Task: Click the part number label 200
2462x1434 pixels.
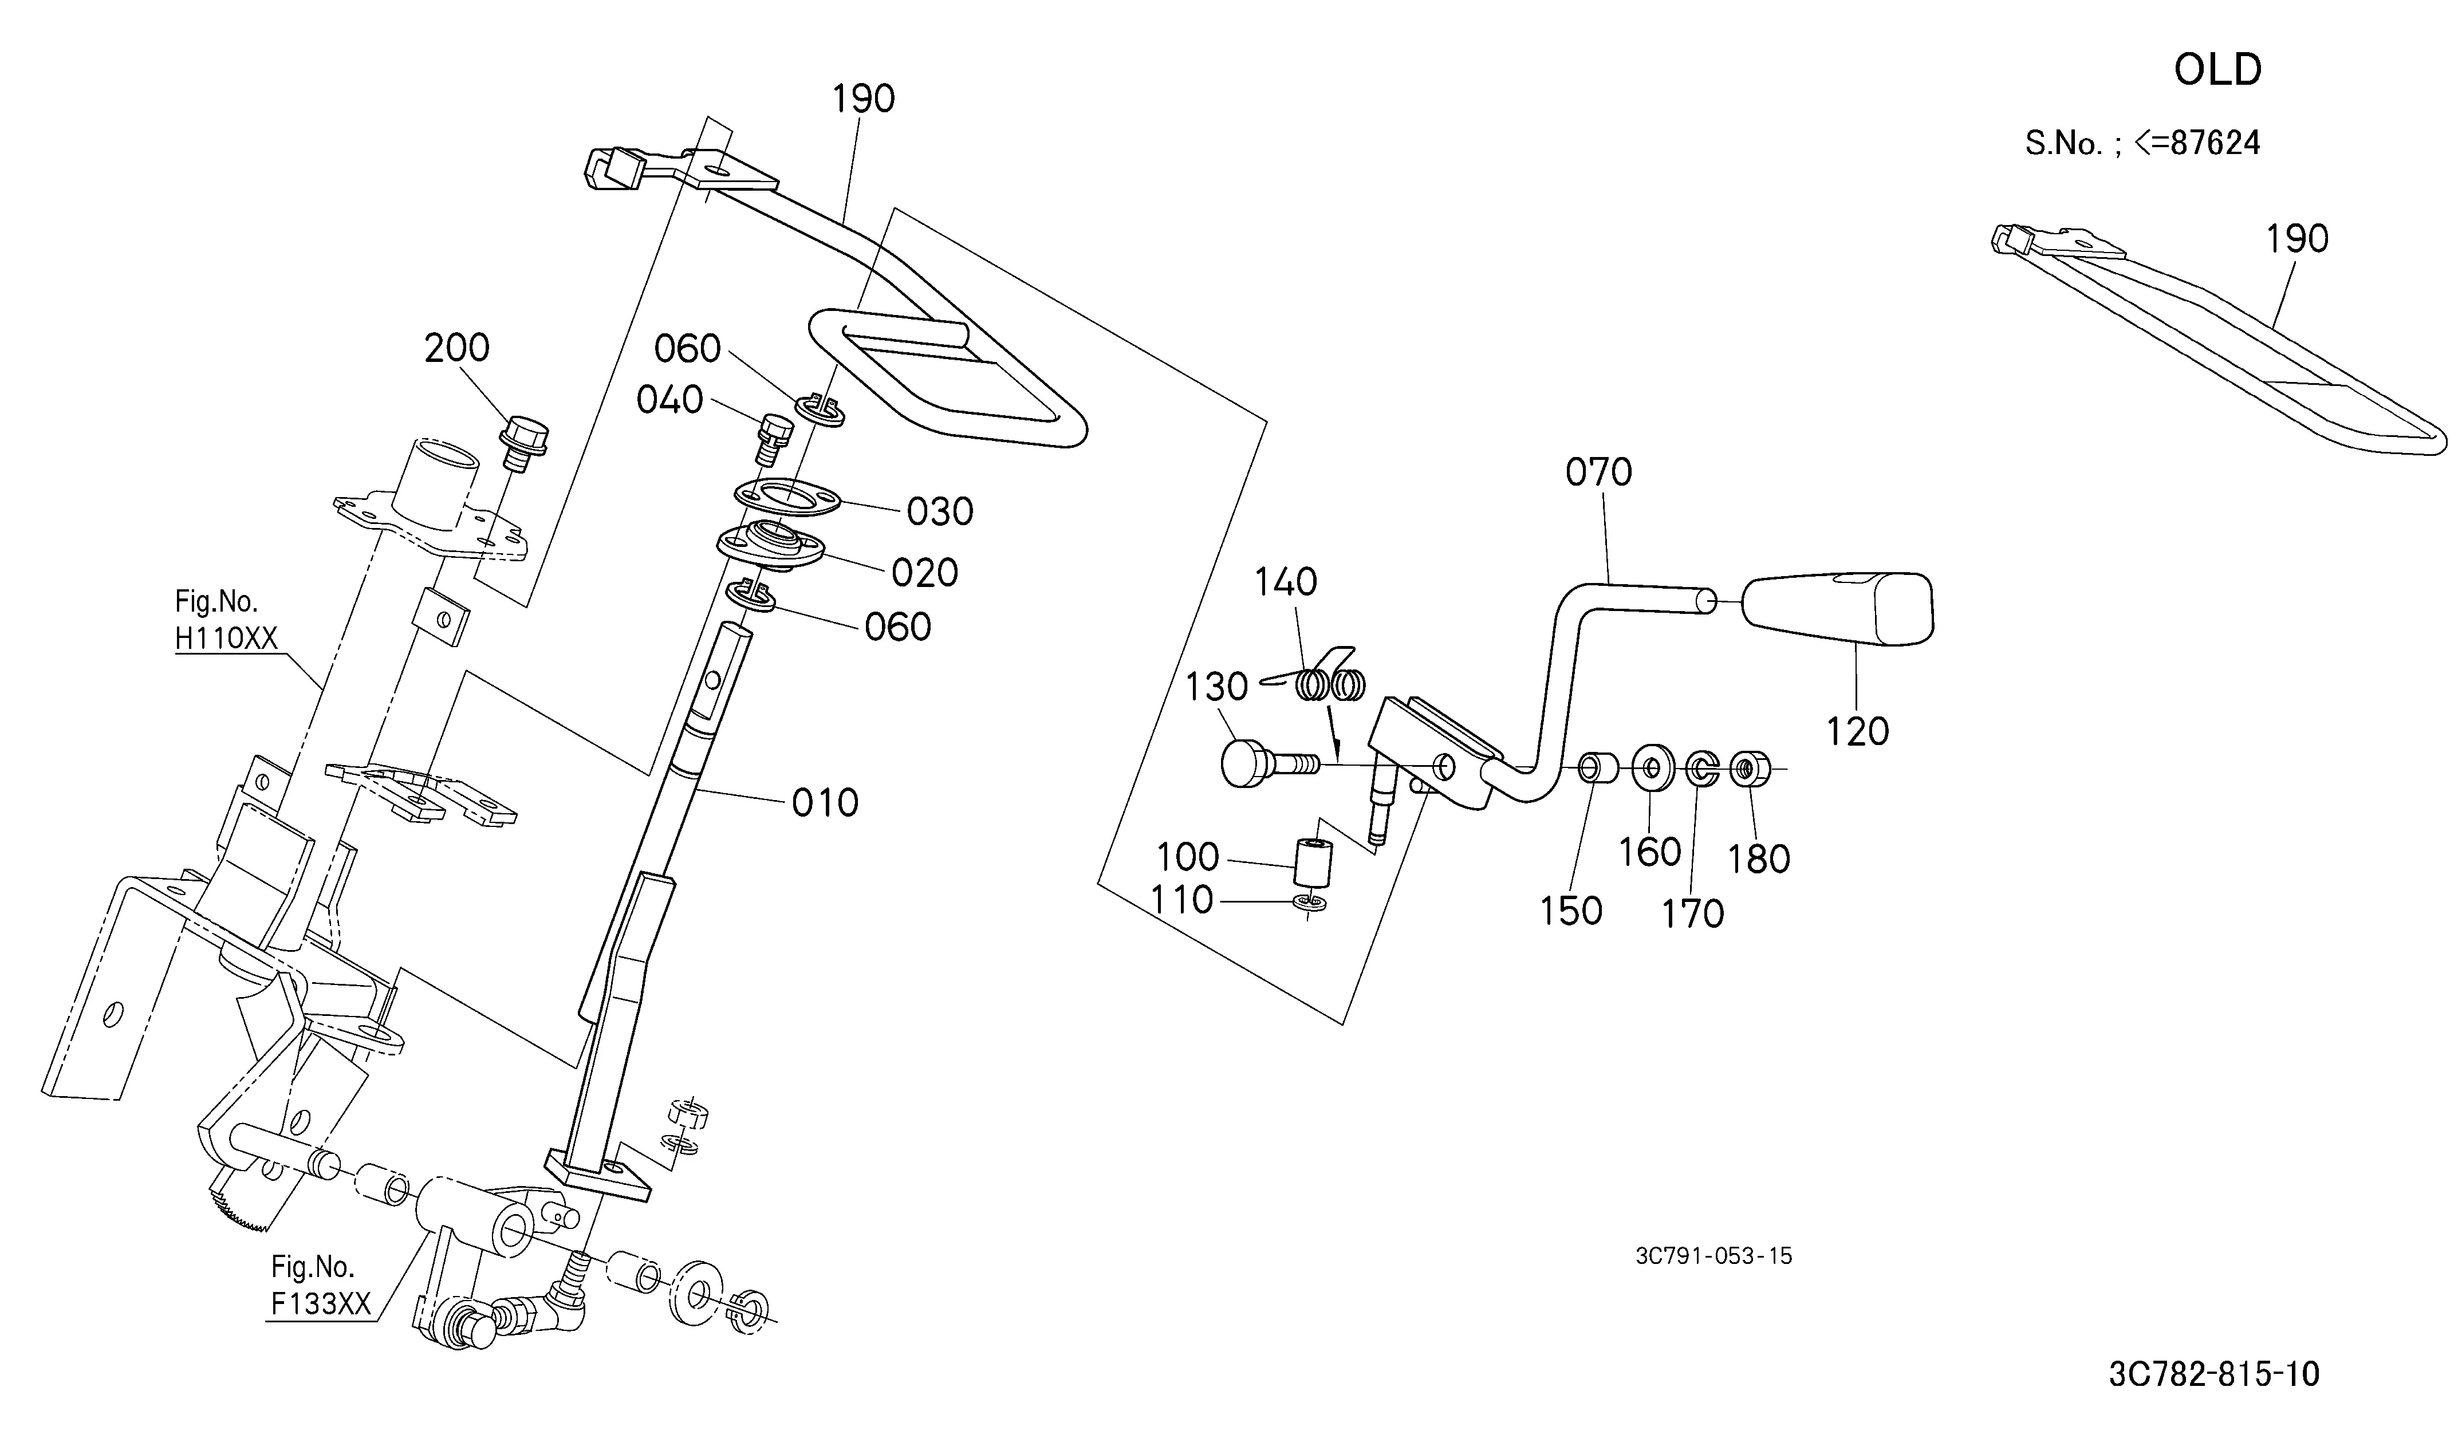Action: [456, 348]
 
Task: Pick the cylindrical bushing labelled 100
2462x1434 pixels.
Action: [1312, 860]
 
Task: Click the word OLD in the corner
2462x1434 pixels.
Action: [2218, 69]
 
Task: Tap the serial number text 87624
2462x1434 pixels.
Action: [2212, 144]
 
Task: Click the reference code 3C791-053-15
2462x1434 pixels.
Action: [1713, 1256]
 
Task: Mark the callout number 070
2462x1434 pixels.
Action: [1598, 473]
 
